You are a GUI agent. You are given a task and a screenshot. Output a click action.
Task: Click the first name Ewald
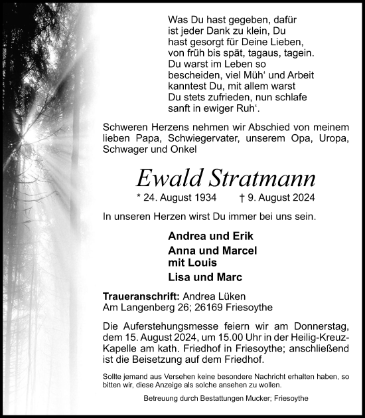point(166,177)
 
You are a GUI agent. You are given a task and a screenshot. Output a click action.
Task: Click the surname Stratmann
point(257,177)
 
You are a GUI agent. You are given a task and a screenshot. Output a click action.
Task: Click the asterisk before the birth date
point(138,198)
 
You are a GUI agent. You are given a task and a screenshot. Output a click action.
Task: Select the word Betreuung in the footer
point(162,399)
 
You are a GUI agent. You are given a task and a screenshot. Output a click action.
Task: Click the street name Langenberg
point(145,308)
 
